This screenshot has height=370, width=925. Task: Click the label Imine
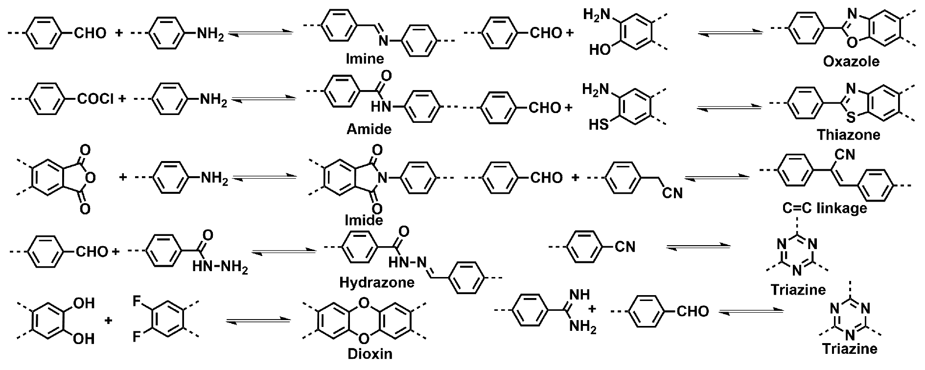(x=365, y=59)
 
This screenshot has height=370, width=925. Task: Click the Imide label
(x=364, y=220)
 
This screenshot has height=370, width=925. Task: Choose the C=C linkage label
(x=824, y=208)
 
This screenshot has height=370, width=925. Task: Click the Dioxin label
(x=370, y=353)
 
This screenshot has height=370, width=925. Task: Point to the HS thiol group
(x=599, y=125)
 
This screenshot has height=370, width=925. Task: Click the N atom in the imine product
(x=383, y=43)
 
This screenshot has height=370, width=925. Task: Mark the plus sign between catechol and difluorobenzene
(x=109, y=321)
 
